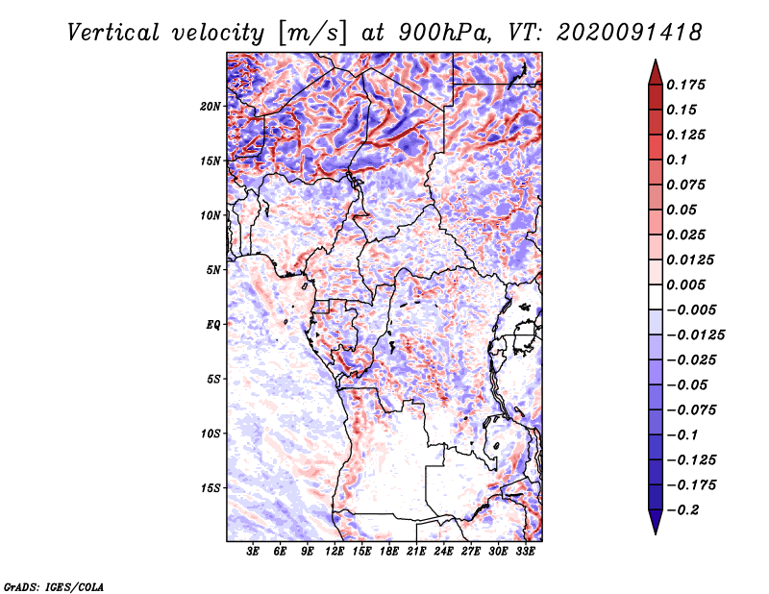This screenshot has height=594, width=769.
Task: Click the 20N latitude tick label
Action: (x=211, y=106)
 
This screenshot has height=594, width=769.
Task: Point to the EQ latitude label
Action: (x=213, y=324)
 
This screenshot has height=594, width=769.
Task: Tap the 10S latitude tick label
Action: (x=211, y=433)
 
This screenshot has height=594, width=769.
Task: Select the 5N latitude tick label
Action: (x=213, y=270)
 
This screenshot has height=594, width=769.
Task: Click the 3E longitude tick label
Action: (x=254, y=552)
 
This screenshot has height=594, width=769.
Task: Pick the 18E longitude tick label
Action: (x=390, y=552)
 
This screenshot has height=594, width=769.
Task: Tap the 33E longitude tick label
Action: (x=525, y=552)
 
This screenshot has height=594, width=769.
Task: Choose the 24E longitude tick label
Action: (x=444, y=552)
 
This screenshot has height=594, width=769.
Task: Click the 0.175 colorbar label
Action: (x=687, y=85)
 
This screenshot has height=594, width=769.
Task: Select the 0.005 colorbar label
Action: (x=687, y=285)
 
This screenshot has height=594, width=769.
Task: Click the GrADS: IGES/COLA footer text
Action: (x=54, y=585)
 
